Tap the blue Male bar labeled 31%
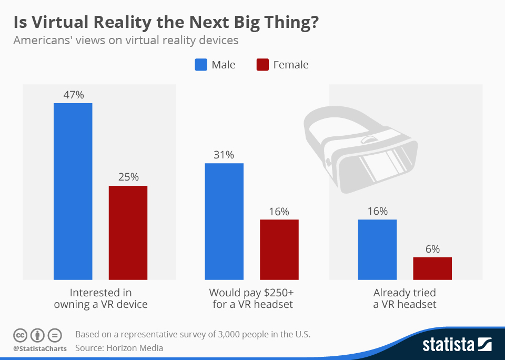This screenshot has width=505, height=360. coord(224,221)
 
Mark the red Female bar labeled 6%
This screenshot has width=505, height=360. coord(432,268)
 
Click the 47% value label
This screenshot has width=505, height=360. coord(73,95)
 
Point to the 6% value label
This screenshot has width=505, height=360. coord(432,249)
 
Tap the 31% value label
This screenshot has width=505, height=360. coord(224,155)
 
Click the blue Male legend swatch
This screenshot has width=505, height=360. coord(201,65)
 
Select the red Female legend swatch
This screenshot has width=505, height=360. coord(262,65)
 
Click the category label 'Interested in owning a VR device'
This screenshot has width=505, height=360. coord(100,298)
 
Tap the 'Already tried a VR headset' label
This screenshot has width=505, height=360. coord(405,298)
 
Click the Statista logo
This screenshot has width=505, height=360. coord(456,345)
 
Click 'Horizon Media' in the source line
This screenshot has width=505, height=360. coord(134,348)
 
